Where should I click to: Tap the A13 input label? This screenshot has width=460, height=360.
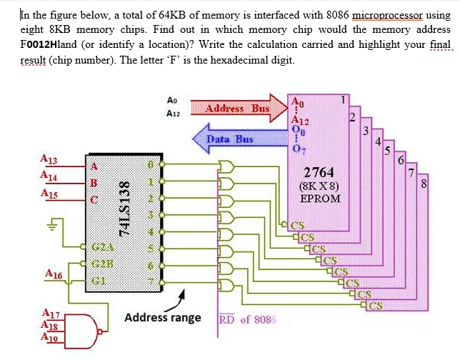coord(50,159)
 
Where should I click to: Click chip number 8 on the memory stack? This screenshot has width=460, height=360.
coord(424,184)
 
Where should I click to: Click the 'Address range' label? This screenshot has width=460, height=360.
coord(163,317)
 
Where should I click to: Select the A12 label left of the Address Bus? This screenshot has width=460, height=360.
coord(172,113)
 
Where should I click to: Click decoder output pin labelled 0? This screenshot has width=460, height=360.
coord(150,164)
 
